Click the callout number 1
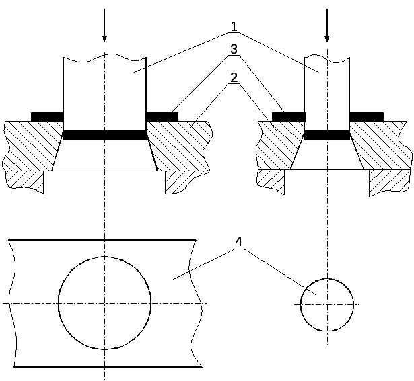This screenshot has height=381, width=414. click(x=234, y=27)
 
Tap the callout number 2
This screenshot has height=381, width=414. click(x=234, y=77)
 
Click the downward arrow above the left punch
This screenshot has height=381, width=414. click(x=104, y=27)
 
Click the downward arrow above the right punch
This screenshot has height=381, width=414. click(x=327, y=27)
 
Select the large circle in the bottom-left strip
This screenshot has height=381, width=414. click(x=104, y=303)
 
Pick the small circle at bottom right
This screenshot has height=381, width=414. click(x=327, y=304)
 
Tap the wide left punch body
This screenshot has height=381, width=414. click(x=104, y=91)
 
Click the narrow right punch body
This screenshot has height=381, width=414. click(x=327, y=91)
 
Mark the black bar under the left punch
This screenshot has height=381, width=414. click(x=104, y=135)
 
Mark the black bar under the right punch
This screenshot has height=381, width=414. click(x=327, y=135)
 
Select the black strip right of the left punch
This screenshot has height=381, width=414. click(x=162, y=117)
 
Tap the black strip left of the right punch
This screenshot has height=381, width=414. click(x=288, y=117)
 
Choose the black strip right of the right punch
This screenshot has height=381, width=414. click(x=366, y=117)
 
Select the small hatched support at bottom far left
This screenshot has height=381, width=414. click(x=24, y=181)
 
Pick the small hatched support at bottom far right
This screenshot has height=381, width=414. click(x=388, y=182)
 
